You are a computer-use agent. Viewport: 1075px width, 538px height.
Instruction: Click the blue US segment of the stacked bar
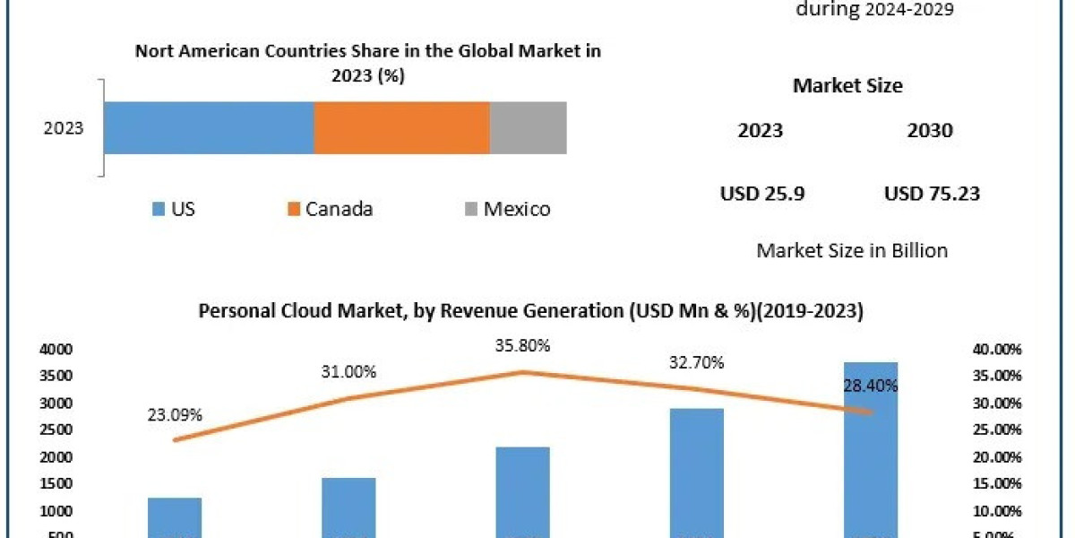pyautogui.click(x=209, y=127)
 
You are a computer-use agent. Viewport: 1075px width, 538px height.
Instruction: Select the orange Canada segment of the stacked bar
pyautogui.click(x=401, y=127)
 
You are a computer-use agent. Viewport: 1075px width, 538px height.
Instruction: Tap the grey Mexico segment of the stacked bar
pyautogui.click(x=528, y=127)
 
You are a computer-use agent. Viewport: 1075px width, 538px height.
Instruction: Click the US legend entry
pyautogui.click(x=174, y=210)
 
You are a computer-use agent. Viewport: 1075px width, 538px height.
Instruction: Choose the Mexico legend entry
pyautogui.click(x=507, y=210)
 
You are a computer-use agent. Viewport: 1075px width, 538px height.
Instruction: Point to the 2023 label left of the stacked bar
pyautogui.click(x=64, y=128)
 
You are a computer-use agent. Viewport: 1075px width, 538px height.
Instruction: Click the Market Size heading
pyautogui.click(x=847, y=86)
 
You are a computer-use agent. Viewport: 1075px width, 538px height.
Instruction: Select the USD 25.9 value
pyautogui.click(x=762, y=194)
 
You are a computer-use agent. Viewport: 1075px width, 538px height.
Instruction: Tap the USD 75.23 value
pyautogui.click(x=932, y=194)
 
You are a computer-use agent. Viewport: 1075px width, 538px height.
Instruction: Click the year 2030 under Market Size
pyautogui.click(x=930, y=131)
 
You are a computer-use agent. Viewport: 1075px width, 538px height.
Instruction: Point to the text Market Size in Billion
pyautogui.click(x=852, y=250)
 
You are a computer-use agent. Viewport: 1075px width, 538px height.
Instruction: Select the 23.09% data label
pyautogui.click(x=175, y=415)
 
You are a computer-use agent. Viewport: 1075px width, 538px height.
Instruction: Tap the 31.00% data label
pyautogui.click(x=349, y=371)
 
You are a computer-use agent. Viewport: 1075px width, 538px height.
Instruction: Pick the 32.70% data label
pyautogui.click(x=696, y=363)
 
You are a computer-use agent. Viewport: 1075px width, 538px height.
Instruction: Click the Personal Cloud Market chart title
pyautogui.click(x=530, y=311)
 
